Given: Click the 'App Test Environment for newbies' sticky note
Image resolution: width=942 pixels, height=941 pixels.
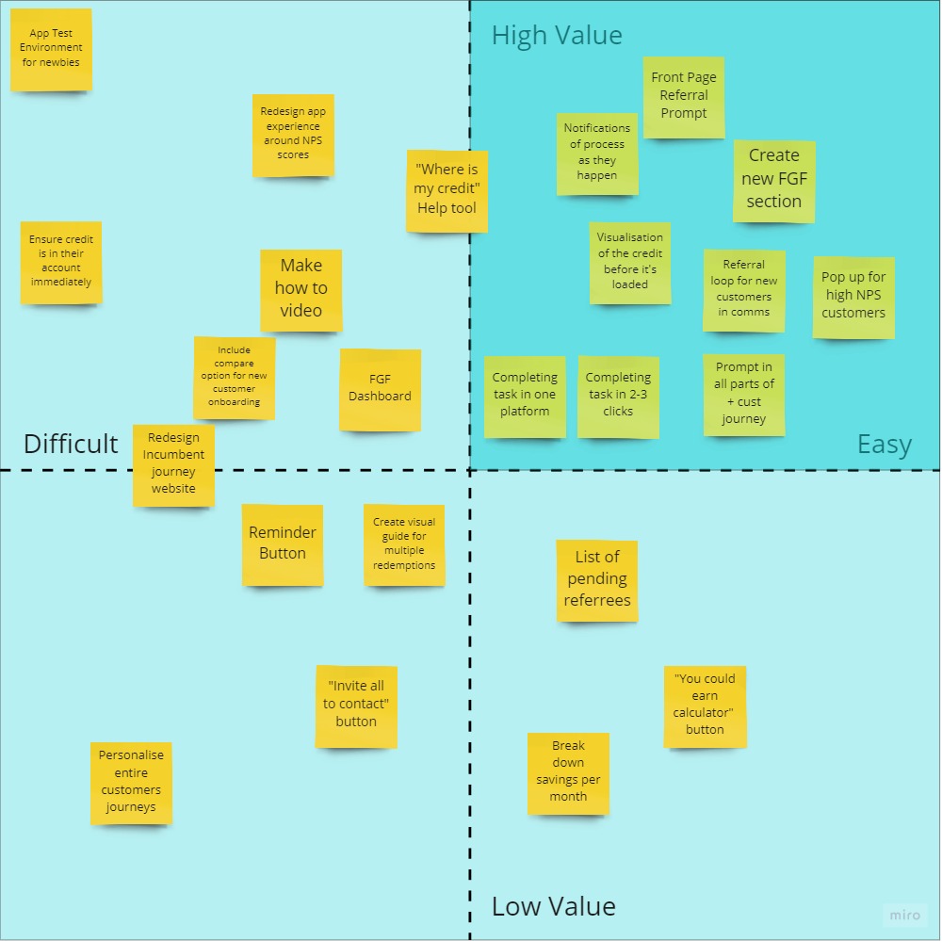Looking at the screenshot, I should [x=51, y=49].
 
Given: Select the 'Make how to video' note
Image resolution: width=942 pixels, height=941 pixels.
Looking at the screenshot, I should [x=301, y=289].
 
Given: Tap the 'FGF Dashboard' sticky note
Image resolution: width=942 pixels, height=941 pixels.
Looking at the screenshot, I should [x=380, y=389].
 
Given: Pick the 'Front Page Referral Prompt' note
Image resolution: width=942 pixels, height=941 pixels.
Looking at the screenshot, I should [x=684, y=97].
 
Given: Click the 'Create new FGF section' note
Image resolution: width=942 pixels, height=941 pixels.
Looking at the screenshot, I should [x=773, y=180].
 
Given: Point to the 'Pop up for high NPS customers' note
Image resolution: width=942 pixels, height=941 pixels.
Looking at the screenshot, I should [x=853, y=297].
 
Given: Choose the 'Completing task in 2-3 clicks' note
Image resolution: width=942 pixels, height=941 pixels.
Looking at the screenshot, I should [x=618, y=396].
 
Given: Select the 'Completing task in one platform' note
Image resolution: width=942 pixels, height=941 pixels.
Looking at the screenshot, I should [x=525, y=396].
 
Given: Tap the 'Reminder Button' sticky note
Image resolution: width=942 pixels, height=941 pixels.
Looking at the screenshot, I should [x=283, y=544].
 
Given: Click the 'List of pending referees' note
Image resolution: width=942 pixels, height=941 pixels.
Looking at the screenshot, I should [x=597, y=579].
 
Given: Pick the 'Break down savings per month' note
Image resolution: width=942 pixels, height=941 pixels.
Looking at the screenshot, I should [x=568, y=772].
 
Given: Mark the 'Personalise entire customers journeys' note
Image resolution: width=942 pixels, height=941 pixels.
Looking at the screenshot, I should [x=131, y=783].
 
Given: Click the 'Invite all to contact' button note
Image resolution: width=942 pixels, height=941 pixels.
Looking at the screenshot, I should [x=356, y=705].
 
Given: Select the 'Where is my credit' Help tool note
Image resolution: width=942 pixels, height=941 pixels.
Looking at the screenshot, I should [x=447, y=190].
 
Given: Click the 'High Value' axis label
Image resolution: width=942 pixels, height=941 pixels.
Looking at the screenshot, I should [x=557, y=36].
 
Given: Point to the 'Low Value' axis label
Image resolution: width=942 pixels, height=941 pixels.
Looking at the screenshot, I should [x=554, y=906].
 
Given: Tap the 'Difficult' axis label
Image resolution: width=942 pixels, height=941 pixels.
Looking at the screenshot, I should [x=71, y=444].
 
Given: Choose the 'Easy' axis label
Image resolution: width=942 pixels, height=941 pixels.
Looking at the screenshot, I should [x=884, y=445].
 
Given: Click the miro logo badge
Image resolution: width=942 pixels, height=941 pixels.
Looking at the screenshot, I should [x=905, y=915].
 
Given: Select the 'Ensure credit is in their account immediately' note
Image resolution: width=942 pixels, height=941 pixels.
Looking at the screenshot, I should [x=61, y=262].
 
